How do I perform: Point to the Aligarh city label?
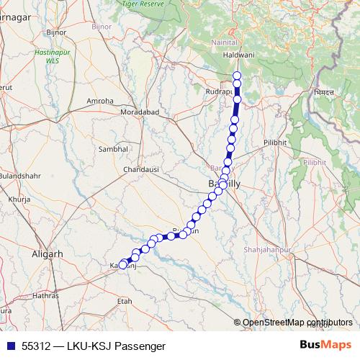[x=48, y=254]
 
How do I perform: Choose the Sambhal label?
[x=113, y=148]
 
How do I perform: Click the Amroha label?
[x=100, y=101]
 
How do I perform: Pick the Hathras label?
[x=45, y=295]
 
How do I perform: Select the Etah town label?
[x=125, y=300]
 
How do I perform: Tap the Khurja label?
[x=17, y=198]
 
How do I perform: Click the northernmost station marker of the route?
[x=237, y=76]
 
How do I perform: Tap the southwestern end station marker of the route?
[x=122, y=265]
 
